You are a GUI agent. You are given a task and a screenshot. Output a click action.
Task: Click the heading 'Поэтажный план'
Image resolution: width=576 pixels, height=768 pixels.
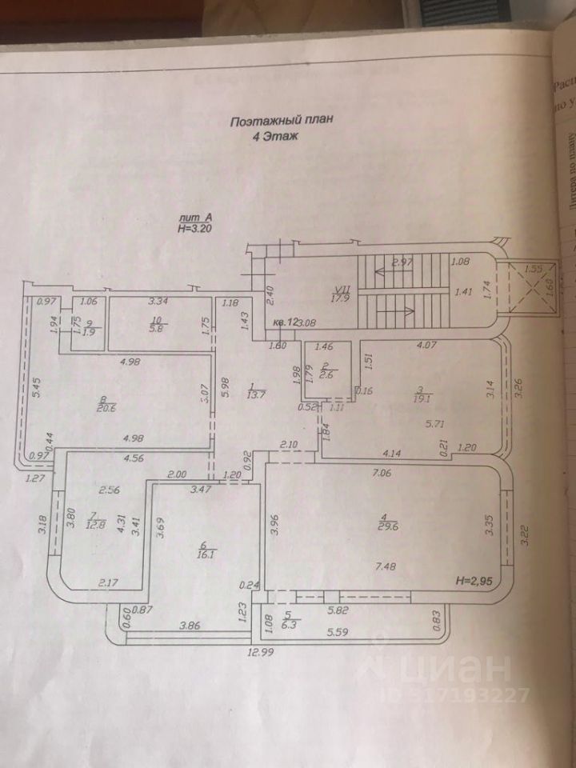(279, 122)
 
